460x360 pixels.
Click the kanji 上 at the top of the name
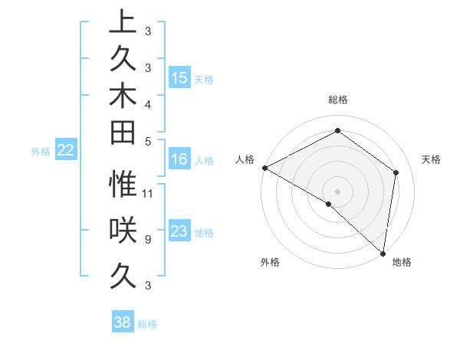click(x=123, y=21)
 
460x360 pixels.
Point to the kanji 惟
click(x=123, y=184)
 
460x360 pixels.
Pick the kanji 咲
click(x=123, y=230)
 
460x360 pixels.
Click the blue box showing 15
click(x=179, y=78)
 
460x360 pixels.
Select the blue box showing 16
click(x=179, y=159)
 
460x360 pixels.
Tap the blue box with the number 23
click(x=179, y=231)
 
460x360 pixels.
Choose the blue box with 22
click(x=65, y=151)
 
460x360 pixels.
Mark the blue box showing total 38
click(x=123, y=322)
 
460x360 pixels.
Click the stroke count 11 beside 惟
click(x=149, y=193)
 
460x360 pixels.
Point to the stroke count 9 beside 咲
click(x=147, y=240)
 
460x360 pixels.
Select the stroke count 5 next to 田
click(x=147, y=141)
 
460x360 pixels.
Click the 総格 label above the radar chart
click(x=338, y=100)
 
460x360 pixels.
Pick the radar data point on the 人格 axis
click(x=264, y=168)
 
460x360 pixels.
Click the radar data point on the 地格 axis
click(x=382, y=253)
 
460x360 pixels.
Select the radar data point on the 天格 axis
click(x=396, y=172)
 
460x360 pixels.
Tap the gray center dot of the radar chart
click(x=338, y=191)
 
